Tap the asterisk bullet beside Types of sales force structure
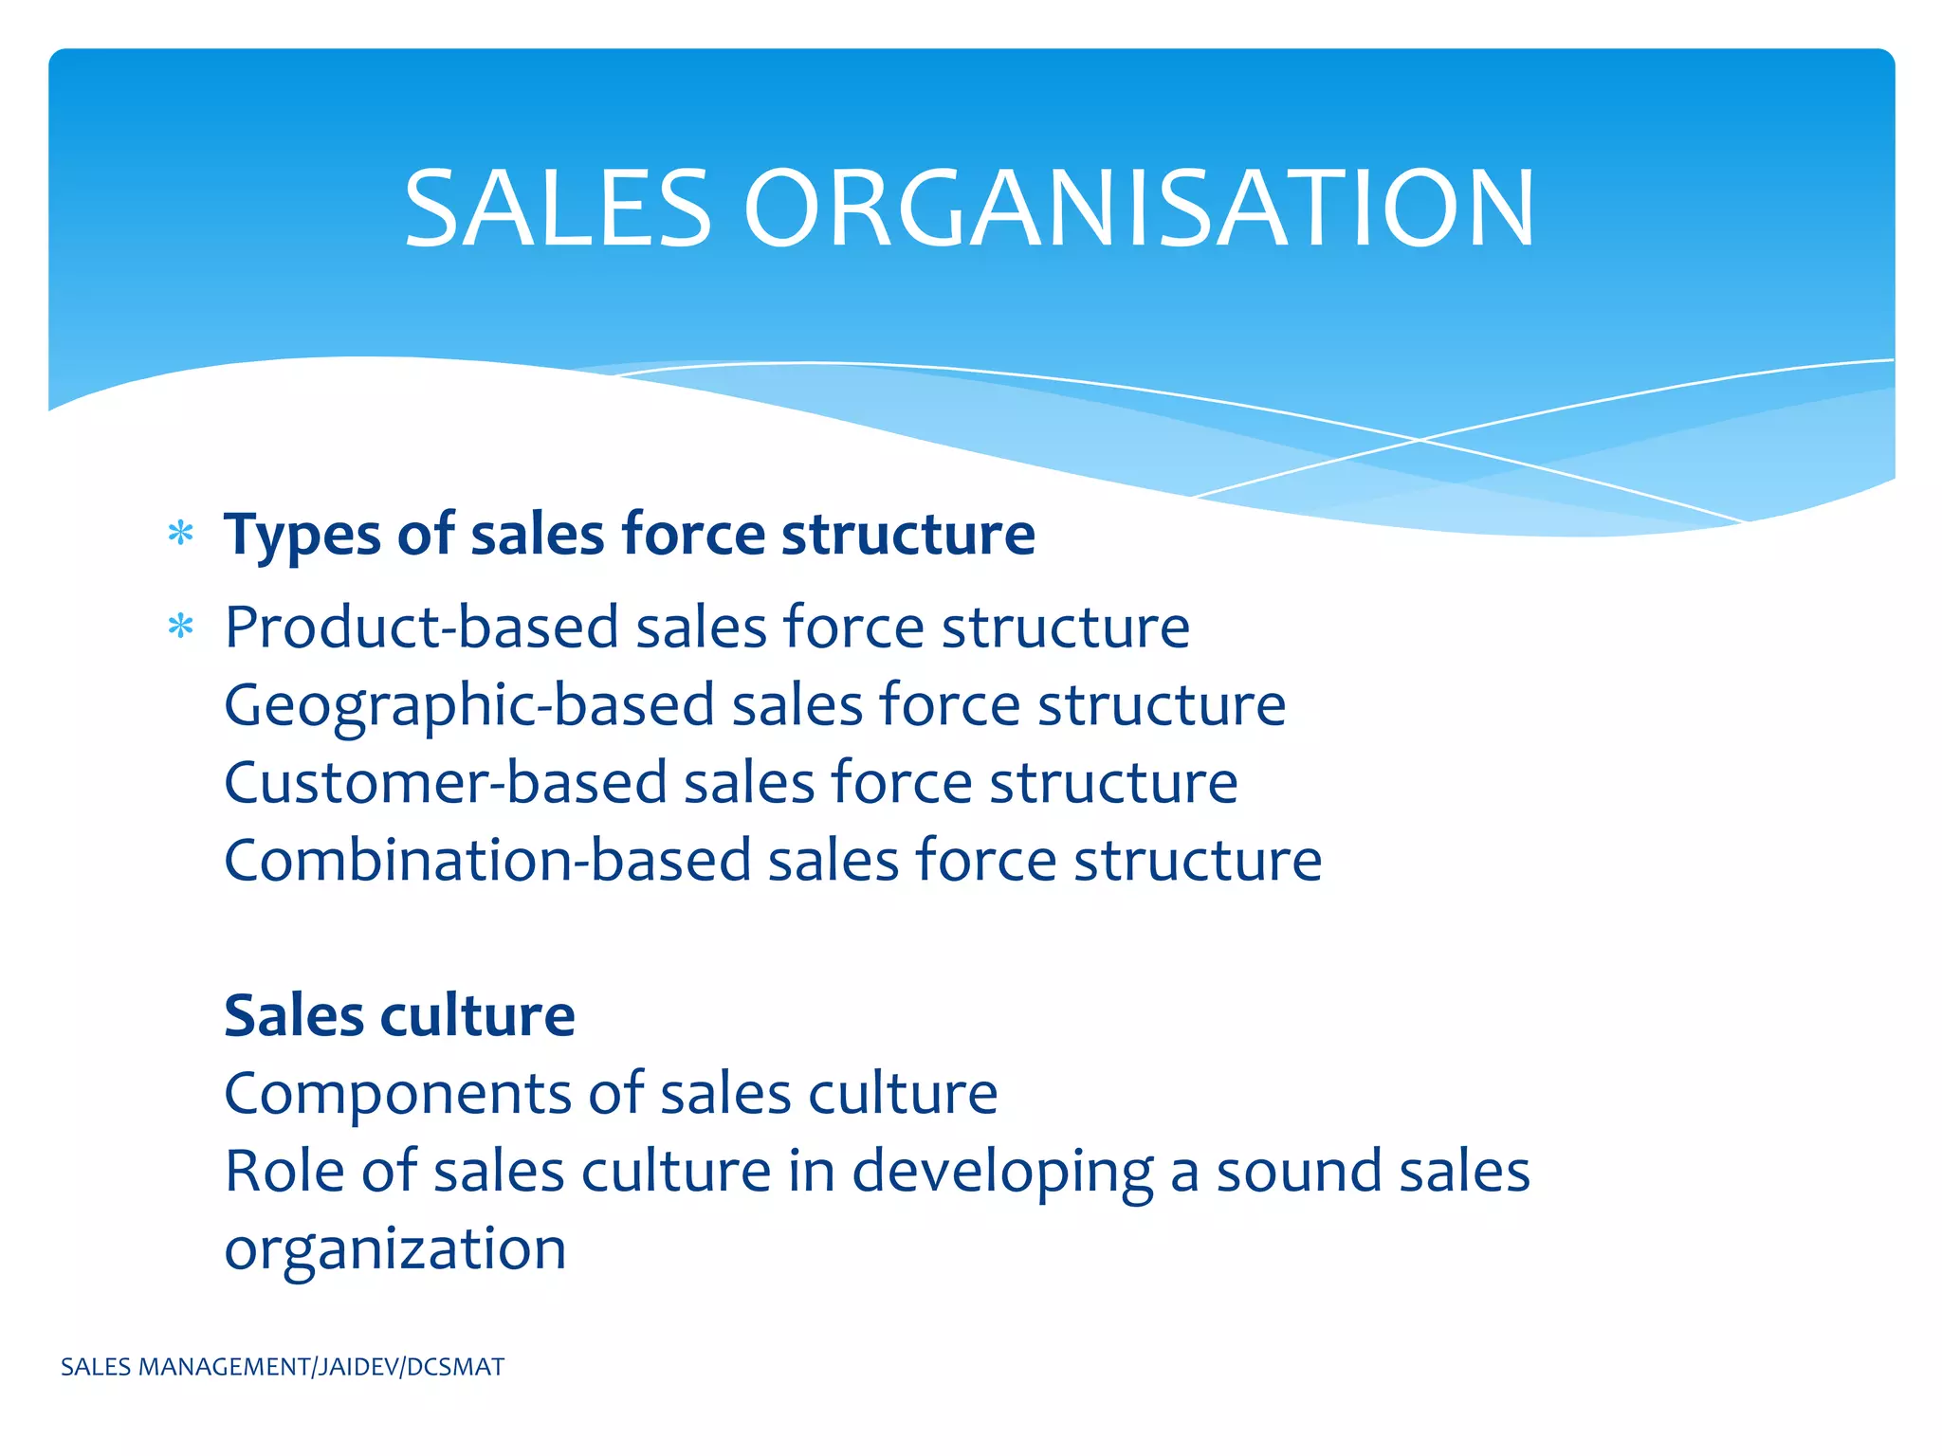pyautogui.click(x=180, y=534)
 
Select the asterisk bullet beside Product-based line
pyautogui.click(x=180, y=627)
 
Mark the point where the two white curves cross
pyautogui.click(x=1420, y=440)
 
